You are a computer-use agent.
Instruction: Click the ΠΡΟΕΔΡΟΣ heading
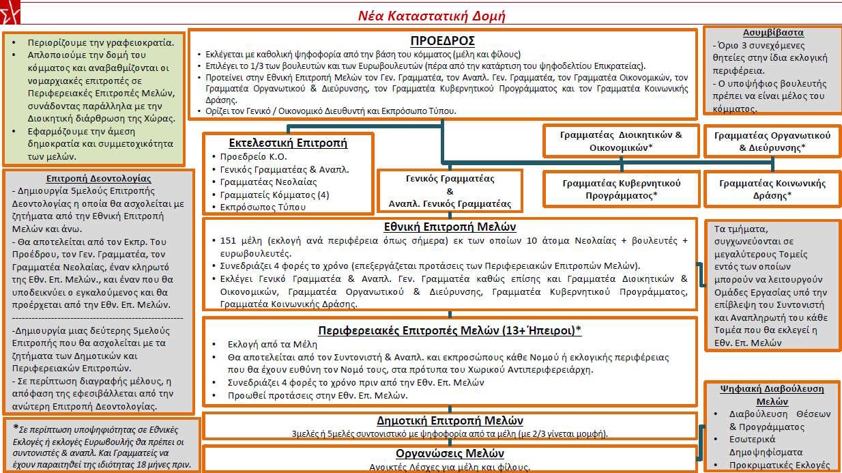(442, 40)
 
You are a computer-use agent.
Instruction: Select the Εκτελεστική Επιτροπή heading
(288, 143)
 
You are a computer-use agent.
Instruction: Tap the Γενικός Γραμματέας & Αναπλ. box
(450, 191)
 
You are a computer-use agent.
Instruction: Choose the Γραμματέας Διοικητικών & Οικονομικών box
(621, 141)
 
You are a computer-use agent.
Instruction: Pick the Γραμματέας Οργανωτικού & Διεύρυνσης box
(772, 141)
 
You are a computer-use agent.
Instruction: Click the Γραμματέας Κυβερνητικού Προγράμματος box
(621, 188)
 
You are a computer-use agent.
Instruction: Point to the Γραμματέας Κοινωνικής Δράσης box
(772, 188)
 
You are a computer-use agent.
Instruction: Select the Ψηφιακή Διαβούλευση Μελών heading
(772, 395)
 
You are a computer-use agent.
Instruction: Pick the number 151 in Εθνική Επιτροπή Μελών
(229, 241)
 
